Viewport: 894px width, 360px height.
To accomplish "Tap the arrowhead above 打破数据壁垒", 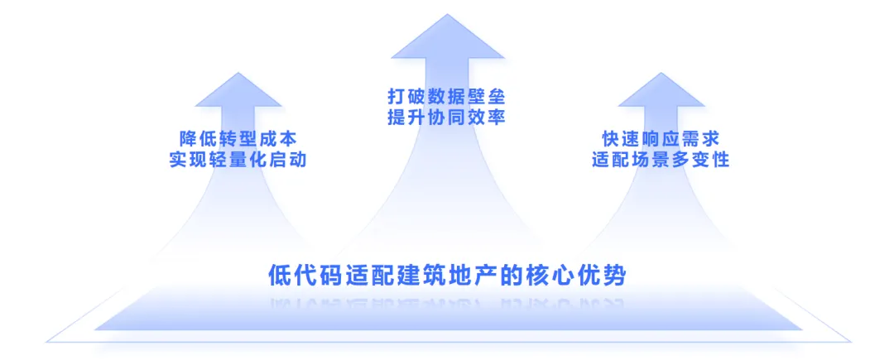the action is [447, 41].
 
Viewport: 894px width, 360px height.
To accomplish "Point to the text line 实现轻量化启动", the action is [238, 160].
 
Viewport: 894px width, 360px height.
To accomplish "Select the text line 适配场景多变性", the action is [661, 160].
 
